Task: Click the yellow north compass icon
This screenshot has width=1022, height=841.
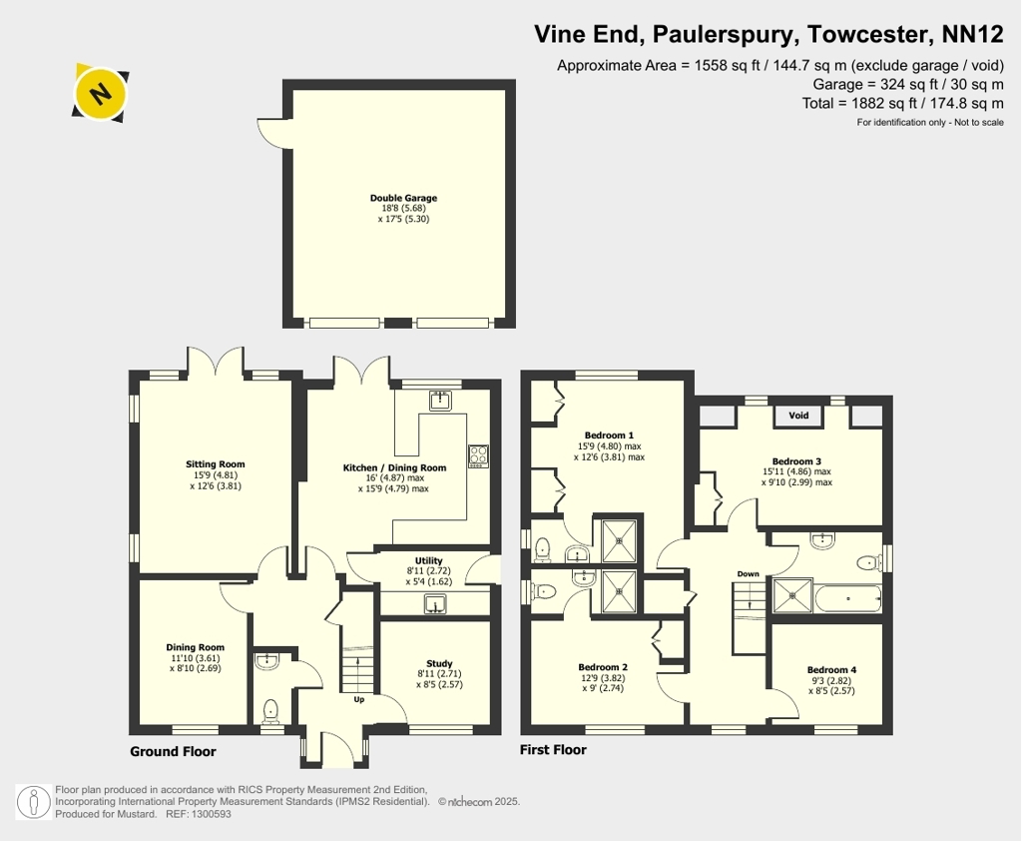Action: point(100,93)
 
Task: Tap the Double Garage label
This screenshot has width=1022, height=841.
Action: point(403,198)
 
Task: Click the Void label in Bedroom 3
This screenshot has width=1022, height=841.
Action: point(798,415)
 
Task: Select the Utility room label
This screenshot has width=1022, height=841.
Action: point(429,560)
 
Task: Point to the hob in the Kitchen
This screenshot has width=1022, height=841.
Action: point(478,455)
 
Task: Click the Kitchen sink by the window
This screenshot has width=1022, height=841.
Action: point(440,400)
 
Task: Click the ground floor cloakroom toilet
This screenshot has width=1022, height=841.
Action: point(270,712)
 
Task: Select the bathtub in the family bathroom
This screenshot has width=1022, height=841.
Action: point(847,598)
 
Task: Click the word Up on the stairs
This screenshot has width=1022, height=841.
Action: point(359,699)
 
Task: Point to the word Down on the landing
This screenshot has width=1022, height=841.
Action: point(749,574)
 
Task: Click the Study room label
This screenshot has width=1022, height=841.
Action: point(439,663)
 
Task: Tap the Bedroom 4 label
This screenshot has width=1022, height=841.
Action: point(831,670)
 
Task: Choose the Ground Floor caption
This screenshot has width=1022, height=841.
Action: point(173,752)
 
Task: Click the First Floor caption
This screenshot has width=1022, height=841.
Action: point(553,750)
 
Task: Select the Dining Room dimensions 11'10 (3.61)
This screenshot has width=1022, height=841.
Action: point(195,658)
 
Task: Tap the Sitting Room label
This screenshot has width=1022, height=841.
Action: point(216,464)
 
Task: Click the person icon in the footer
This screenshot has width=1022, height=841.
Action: point(33,802)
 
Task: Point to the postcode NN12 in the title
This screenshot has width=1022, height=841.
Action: point(973,34)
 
